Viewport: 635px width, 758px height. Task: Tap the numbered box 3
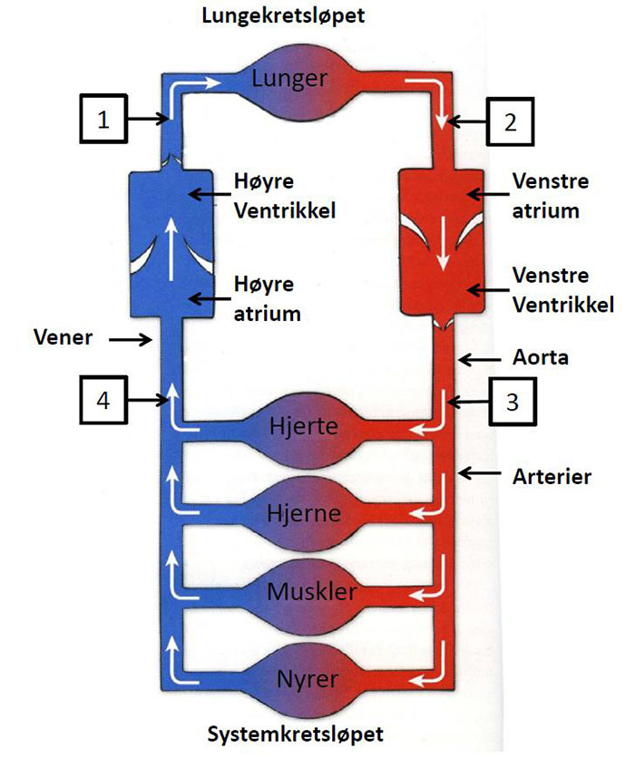tap(512, 401)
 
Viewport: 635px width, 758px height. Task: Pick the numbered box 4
tap(104, 401)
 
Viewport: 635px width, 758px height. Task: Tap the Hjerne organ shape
tap(305, 513)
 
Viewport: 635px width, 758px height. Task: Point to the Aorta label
tap(539, 357)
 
